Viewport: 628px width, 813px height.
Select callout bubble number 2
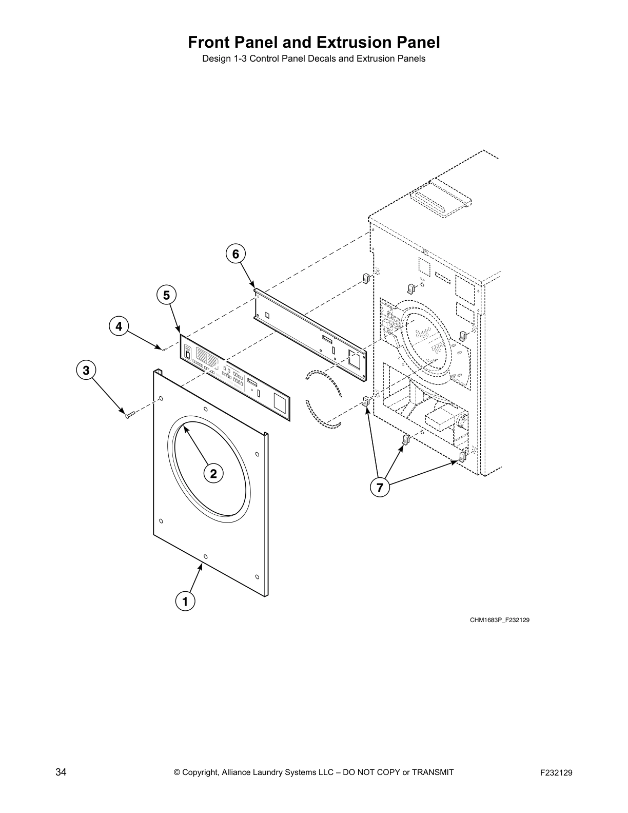pos(213,473)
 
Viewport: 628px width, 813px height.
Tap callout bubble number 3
pos(86,370)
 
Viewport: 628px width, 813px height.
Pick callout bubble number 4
pos(119,326)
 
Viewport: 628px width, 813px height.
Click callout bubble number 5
pos(166,295)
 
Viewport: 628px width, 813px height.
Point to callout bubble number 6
pos(235,254)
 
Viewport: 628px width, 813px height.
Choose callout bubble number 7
pos(380,488)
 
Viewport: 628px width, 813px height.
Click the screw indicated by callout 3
pos(129,414)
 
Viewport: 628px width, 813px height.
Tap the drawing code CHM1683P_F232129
pos(499,620)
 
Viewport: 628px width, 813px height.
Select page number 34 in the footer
pos(61,772)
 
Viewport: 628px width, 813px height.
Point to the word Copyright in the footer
pos(202,772)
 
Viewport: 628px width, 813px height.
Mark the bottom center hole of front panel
pos(205,556)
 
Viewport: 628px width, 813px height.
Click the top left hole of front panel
pos(161,398)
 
